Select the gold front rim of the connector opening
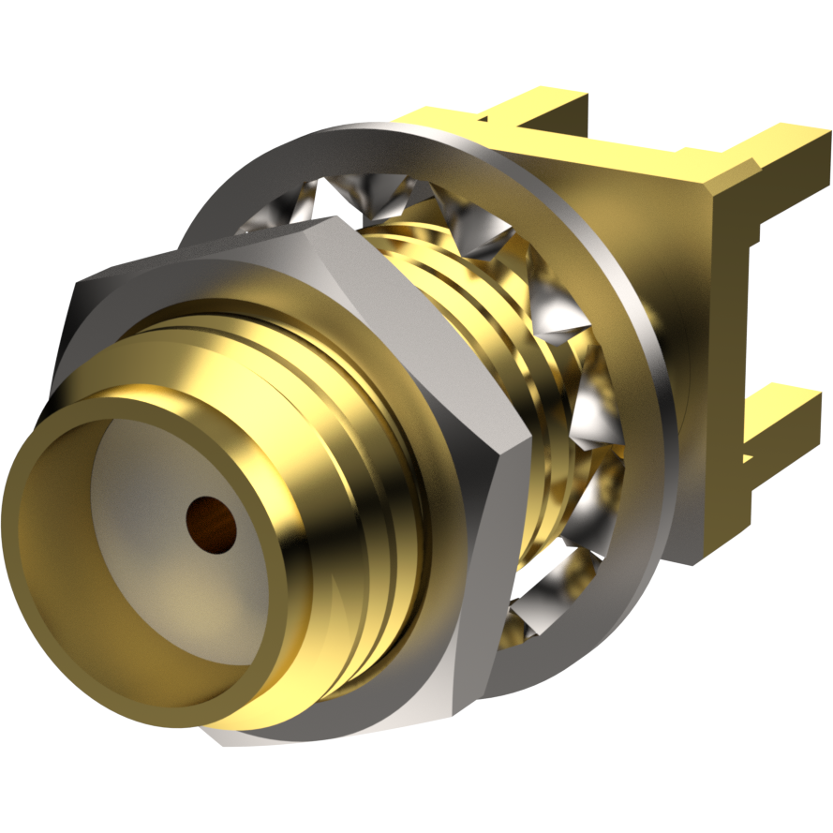tap(56, 440)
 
